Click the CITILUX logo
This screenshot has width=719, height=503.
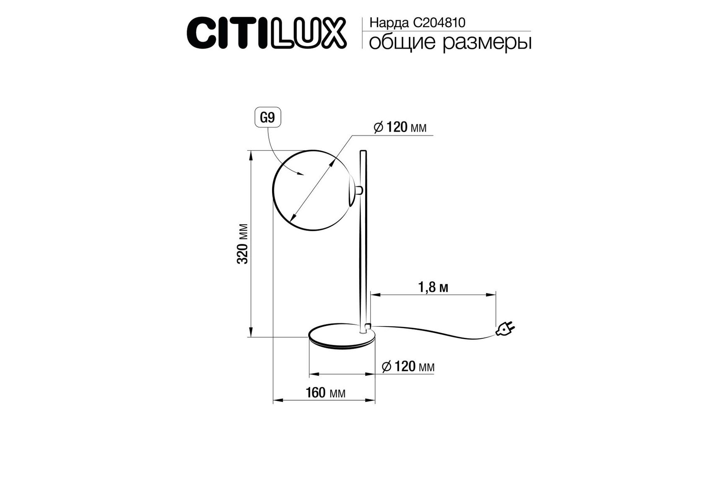(x=267, y=33)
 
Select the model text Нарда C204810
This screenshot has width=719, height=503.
(x=417, y=23)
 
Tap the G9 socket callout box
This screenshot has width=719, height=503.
(x=267, y=118)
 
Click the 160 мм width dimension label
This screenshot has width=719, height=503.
(x=326, y=393)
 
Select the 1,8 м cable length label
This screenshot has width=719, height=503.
(x=433, y=288)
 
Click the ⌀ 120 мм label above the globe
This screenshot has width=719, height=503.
(x=400, y=127)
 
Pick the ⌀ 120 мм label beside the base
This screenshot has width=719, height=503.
(x=408, y=367)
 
